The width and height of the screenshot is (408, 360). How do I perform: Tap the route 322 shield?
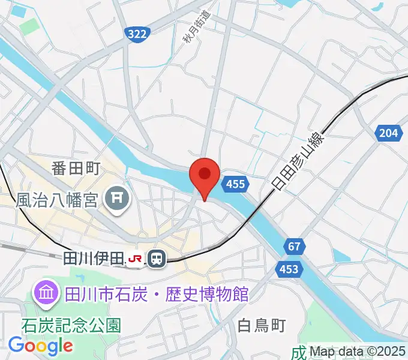137,35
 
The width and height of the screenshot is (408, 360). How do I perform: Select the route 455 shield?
236,184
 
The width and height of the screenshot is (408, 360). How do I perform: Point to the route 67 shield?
293,247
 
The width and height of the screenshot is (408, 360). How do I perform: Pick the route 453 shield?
289,269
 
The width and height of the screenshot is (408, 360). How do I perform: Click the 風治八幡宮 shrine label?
56,199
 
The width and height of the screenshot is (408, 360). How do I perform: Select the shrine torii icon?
117,199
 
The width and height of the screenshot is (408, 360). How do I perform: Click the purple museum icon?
46,293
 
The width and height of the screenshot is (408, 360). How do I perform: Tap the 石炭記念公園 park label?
71,325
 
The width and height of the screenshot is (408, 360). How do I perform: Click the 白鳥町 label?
261,326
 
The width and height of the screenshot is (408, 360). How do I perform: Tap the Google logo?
40,346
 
